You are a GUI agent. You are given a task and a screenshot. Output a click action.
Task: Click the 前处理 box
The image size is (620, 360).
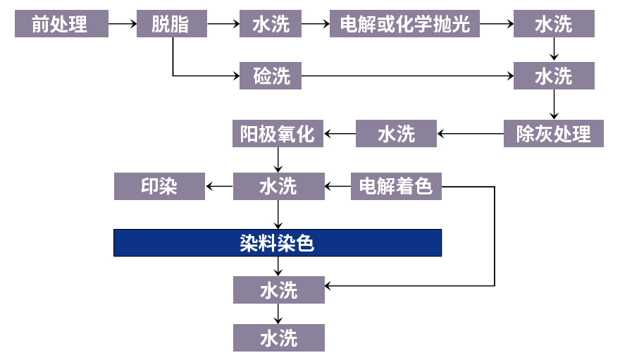pyautogui.click(x=60, y=24)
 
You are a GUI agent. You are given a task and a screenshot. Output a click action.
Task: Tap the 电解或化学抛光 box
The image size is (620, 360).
pyautogui.click(x=404, y=24)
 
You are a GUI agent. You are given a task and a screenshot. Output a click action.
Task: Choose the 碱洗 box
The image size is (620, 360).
pyautogui.click(x=271, y=75)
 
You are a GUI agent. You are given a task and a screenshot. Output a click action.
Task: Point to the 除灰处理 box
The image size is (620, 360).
pyautogui.click(x=553, y=133)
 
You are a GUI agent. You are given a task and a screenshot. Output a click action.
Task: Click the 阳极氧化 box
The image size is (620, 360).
pyautogui.click(x=278, y=133)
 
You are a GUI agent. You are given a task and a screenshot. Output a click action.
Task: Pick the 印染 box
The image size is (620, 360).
pyautogui.click(x=159, y=187)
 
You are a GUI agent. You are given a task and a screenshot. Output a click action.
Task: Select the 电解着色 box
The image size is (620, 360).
pyautogui.click(x=396, y=187)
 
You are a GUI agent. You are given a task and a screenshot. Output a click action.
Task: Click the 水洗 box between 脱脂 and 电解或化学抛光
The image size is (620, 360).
pyautogui.click(x=271, y=24)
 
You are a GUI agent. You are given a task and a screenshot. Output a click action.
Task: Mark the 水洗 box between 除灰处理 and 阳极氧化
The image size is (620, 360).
pyautogui.click(x=396, y=133)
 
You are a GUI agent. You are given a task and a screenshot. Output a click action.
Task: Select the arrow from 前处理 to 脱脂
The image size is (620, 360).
pyautogui.click(x=123, y=24)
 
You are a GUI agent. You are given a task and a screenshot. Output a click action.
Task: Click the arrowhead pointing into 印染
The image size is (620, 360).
pyautogui.click(x=209, y=187)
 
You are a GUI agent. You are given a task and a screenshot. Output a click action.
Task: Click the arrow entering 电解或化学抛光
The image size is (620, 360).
pyautogui.click(x=316, y=24)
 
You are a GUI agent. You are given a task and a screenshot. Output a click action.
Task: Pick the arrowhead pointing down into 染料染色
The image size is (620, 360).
pyautogui.click(x=279, y=225)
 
